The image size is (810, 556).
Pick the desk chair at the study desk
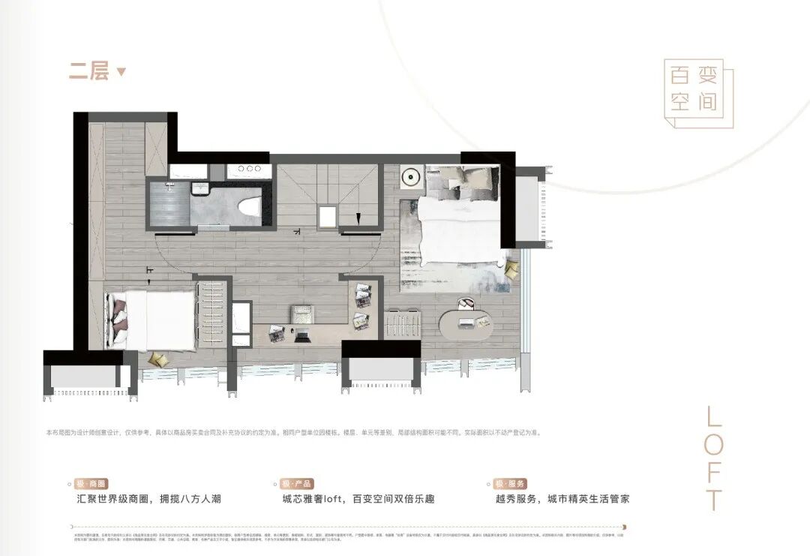301,311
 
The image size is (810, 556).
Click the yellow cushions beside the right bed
511,269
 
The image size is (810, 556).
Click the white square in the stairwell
328,217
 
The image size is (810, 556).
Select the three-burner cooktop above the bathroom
249,169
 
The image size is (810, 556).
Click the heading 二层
89,71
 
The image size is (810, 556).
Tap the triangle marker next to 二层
121,72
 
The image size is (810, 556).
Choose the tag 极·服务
510,484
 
